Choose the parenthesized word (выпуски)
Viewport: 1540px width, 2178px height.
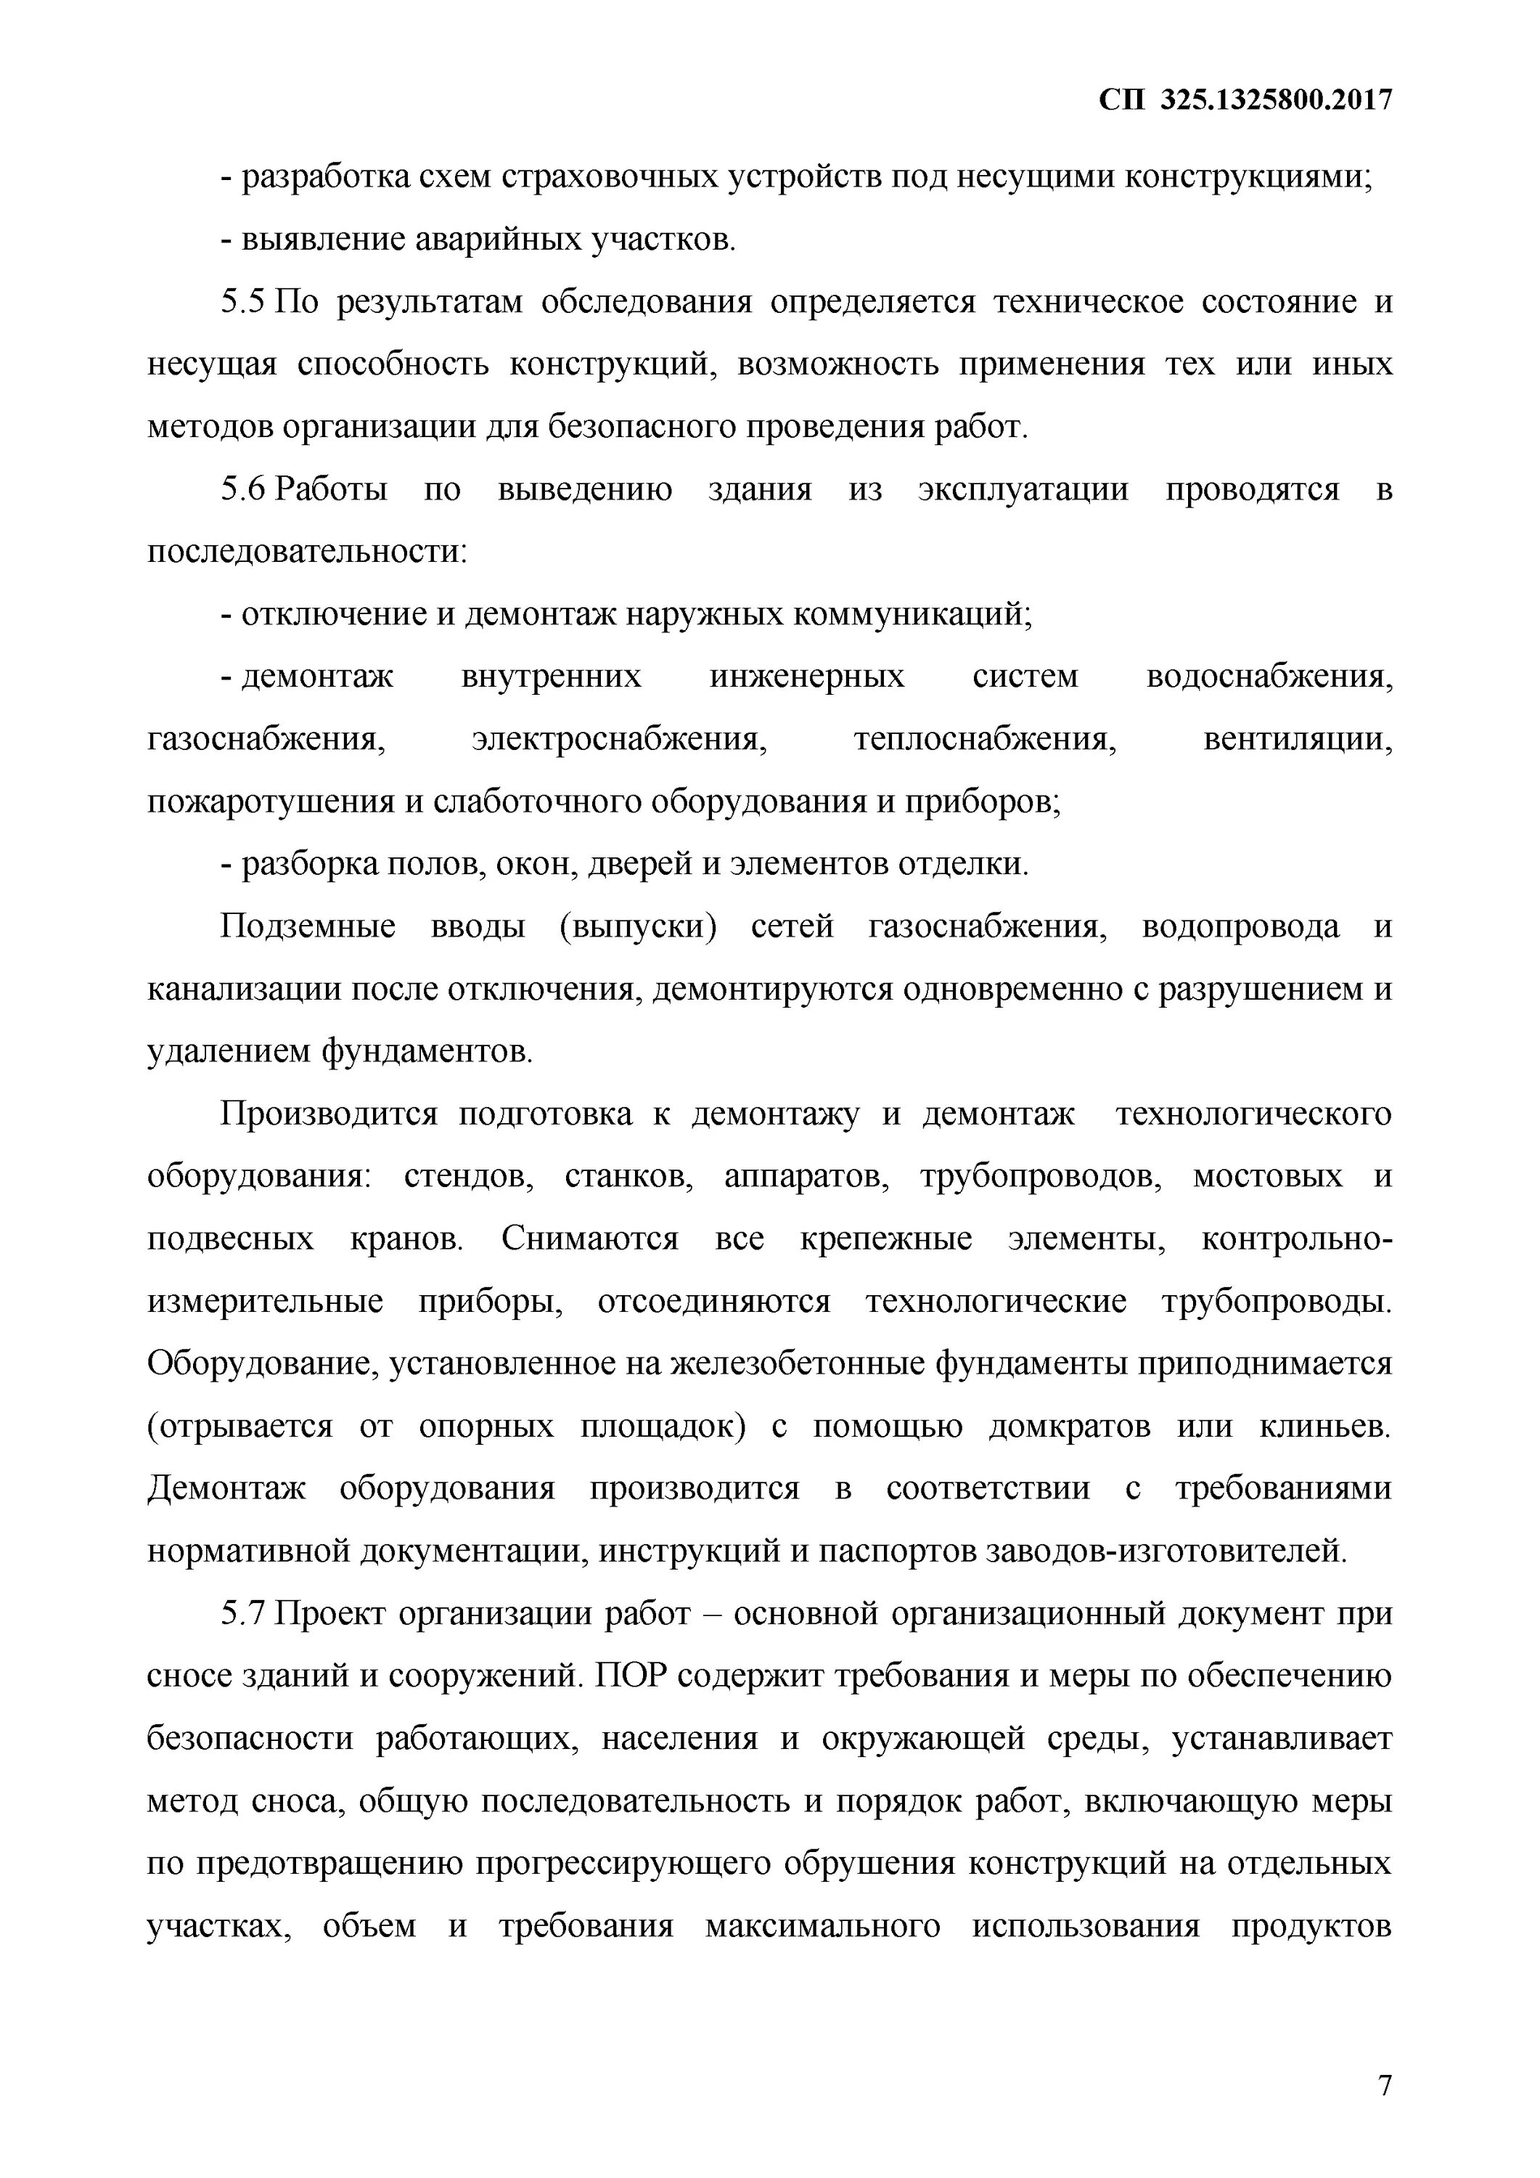(x=637, y=926)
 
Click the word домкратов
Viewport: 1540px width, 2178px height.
(x=1069, y=1426)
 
